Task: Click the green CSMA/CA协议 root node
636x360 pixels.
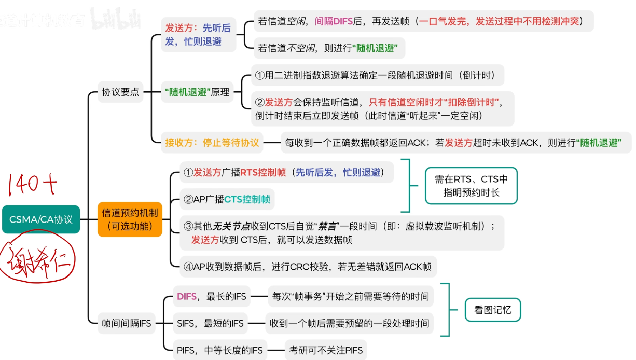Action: point(41,219)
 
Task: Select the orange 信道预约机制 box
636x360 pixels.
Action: point(130,219)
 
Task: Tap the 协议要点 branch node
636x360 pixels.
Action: point(120,92)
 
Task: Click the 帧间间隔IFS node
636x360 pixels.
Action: point(127,323)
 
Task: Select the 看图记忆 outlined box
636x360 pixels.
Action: point(492,310)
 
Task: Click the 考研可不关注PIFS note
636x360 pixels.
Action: point(326,350)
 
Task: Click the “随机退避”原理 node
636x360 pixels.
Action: point(197,92)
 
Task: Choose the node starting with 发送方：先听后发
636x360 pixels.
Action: point(198,34)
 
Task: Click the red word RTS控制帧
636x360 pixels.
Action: point(263,173)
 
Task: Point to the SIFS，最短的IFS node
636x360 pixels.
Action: point(210,323)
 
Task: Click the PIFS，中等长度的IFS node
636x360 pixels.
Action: point(220,350)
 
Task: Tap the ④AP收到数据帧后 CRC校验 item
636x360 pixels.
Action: point(307,267)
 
